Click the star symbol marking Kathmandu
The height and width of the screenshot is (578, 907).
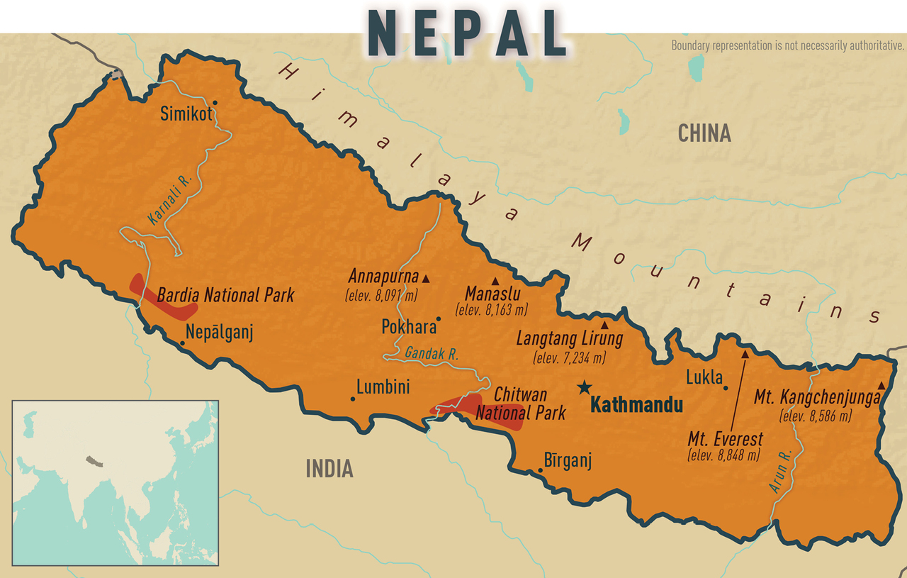[x=584, y=387]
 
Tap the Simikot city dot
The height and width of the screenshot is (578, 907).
[x=215, y=102]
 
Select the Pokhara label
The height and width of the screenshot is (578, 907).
[x=408, y=328]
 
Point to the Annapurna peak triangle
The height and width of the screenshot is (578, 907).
[x=426, y=278]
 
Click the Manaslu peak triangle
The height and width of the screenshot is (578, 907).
[x=495, y=280]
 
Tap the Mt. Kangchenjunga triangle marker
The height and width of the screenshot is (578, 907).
[x=881, y=385]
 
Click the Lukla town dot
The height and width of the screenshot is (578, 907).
[x=726, y=388]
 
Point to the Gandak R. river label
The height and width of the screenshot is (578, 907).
[x=432, y=354]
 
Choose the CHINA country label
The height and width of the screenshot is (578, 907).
[x=704, y=133]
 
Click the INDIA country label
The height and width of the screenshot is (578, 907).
[x=329, y=468]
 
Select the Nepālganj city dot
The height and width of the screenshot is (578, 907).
[x=182, y=343]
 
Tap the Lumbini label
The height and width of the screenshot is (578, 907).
[x=383, y=387]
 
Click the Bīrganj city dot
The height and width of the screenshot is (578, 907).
[x=541, y=470]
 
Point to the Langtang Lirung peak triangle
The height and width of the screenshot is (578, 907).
[x=604, y=324]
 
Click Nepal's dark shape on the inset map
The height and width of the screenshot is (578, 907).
[x=90, y=461]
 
